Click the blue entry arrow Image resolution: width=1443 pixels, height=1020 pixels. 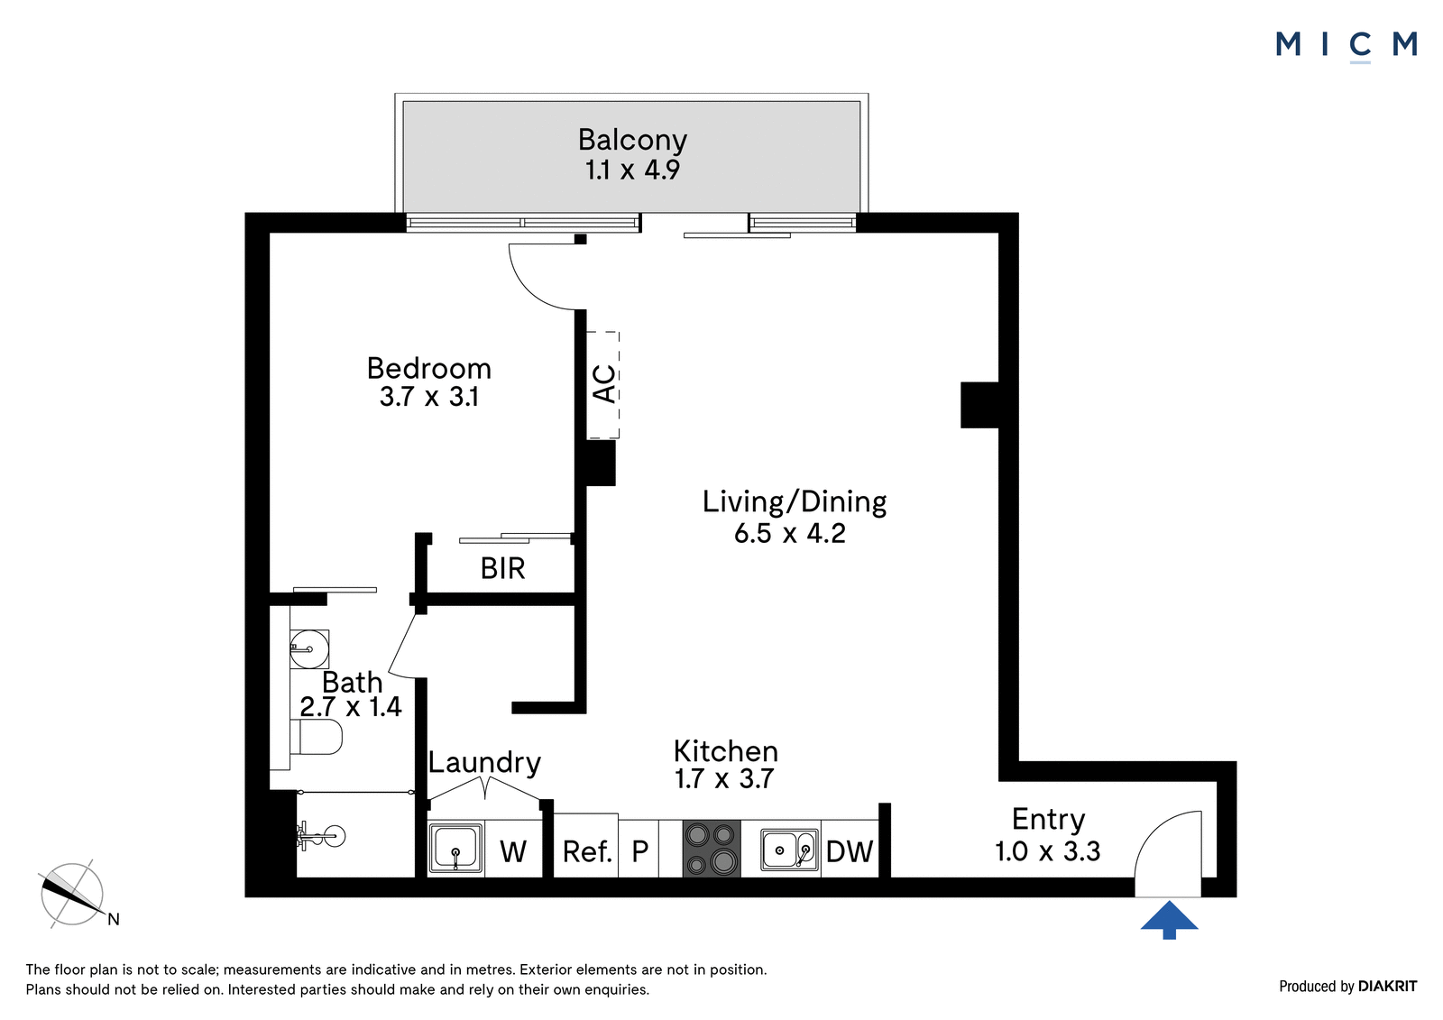click(x=1169, y=920)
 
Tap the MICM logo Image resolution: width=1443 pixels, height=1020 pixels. click(x=1346, y=46)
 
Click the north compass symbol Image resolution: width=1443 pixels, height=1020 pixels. click(x=73, y=895)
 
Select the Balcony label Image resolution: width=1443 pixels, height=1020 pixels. click(x=632, y=139)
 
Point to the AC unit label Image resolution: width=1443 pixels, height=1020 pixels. click(x=604, y=384)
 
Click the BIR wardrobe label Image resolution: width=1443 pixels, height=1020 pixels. click(x=502, y=568)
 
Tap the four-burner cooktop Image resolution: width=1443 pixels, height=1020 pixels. click(x=712, y=848)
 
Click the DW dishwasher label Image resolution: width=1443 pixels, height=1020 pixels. click(x=849, y=852)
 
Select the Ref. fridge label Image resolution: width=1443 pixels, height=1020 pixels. click(x=587, y=852)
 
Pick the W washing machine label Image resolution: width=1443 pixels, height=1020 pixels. click(x=513, y=852)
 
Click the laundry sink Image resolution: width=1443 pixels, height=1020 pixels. click(x=455, y=848)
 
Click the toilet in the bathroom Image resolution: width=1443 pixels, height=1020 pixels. click(x=316, y=737)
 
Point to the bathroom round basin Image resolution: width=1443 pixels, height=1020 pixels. click(x=309, y=648)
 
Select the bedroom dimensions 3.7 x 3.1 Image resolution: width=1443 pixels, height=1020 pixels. click(x=429, y=397)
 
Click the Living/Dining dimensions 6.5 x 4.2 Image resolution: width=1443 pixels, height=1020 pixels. click(x=790, y=534)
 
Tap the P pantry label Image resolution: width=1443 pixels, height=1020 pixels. click(x=639, y=852)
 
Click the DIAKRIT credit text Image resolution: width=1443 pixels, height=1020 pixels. click(x=1387, y=987)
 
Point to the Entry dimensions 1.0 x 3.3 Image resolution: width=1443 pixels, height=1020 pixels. click(x=1047, y=851)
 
